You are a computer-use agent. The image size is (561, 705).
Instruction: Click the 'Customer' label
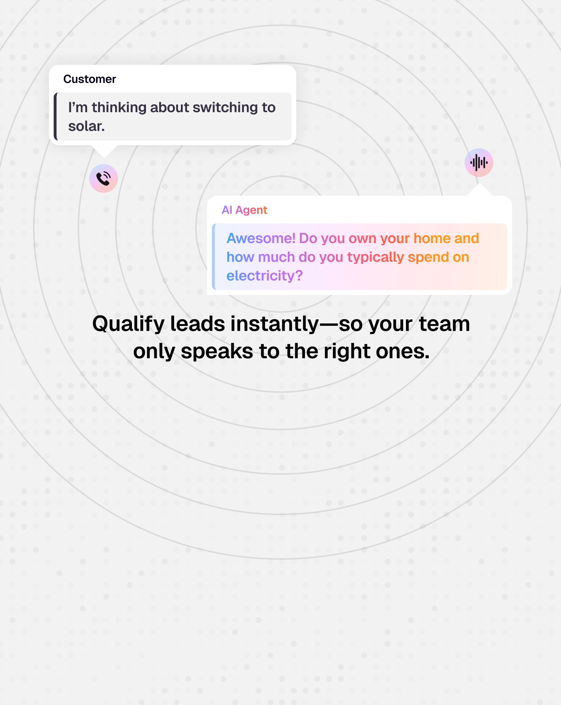pos(90,79)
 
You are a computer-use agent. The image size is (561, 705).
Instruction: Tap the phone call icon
pos(104,178)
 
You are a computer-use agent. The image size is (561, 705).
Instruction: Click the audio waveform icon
pos(479,163)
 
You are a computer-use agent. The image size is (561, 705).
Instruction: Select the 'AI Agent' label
pos(244,210)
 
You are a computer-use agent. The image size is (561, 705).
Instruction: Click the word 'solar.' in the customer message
pos(86,126)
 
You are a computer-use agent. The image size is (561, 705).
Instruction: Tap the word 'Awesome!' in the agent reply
pos(261,238)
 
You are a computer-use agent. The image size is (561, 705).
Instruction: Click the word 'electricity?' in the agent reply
pos(264,276)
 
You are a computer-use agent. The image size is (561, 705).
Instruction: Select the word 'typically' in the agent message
pos(375,258)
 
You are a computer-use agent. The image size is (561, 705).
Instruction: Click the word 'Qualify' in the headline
pos(128,324)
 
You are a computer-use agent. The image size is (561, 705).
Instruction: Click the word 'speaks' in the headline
pos(217,351)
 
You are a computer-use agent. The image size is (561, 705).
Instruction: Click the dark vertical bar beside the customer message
pos(56,117)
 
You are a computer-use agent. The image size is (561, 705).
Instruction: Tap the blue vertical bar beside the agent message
pos(214,257)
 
